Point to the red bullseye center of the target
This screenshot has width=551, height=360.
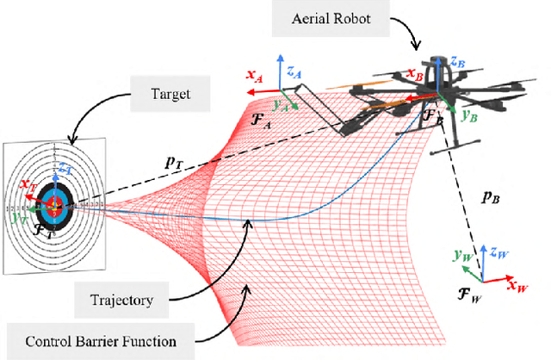(x=55, y=205)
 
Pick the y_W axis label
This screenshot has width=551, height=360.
(x=461, y=256)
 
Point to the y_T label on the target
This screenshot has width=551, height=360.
(x=19, y=216)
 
